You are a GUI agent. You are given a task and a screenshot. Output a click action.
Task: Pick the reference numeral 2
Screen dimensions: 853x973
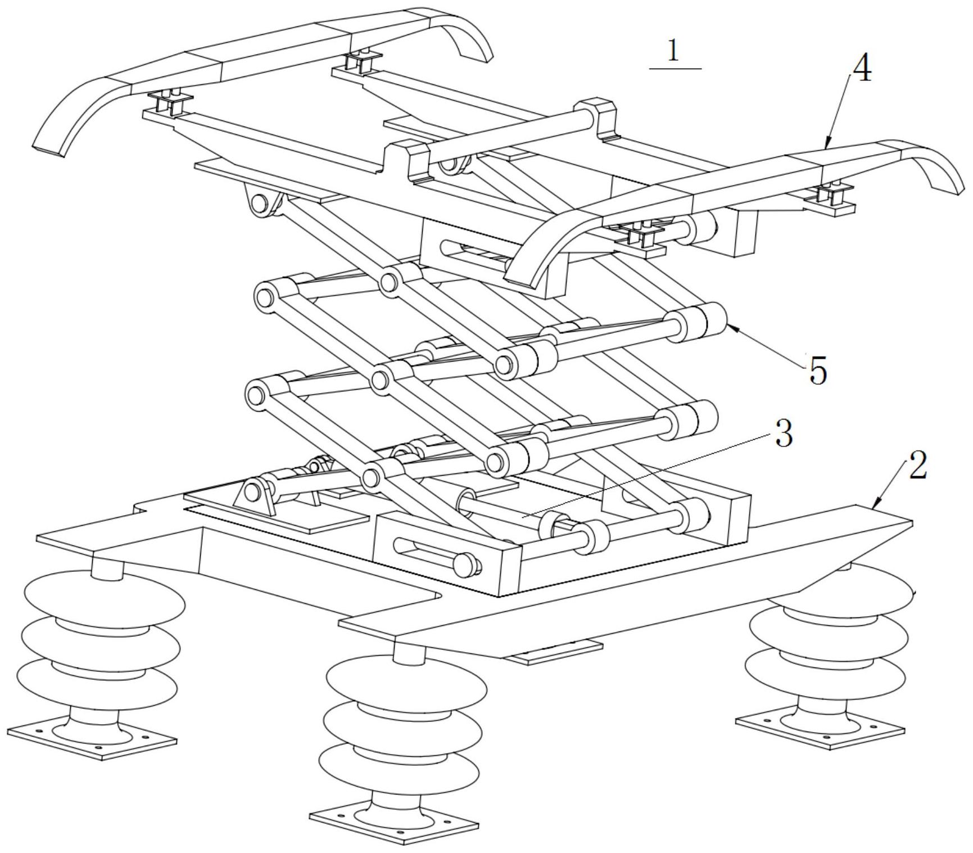[x=917, y=467]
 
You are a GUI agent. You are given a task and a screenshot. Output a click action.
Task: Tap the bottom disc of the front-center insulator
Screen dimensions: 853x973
[x=399, y=768]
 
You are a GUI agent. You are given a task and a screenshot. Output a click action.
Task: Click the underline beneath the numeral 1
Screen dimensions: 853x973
[x=675, y=69]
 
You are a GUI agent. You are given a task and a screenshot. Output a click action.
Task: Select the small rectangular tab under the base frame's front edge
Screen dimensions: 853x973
[x=554, y=653]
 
